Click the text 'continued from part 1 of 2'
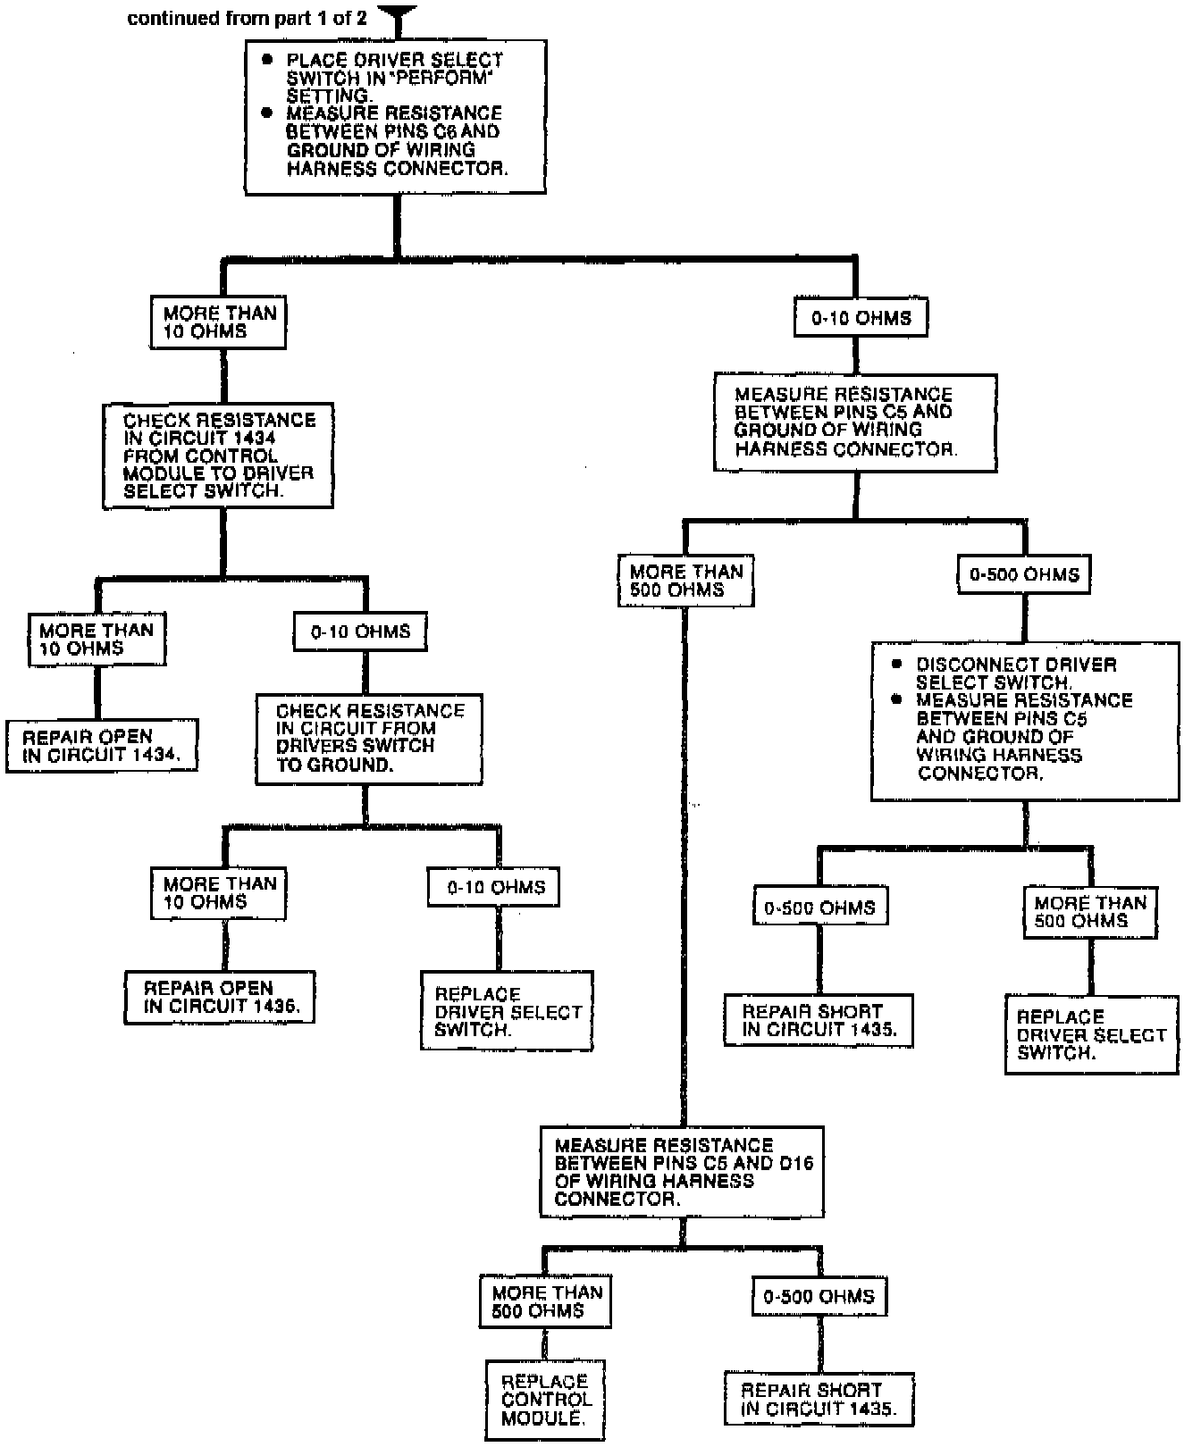click(x=247, y=19)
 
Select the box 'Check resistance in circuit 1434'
click(x=218, y=456)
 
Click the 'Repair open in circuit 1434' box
click(x=101, y=746)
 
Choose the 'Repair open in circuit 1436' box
click(x=220, y=997)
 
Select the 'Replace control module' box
click(x=545, y=1400)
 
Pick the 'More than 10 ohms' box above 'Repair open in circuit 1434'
click(x=97, y=640)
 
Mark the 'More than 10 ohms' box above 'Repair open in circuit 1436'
click(x=218, y=892)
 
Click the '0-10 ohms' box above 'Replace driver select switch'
click(x=495, y=887)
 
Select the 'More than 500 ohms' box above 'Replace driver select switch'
click(x=1089, y=912)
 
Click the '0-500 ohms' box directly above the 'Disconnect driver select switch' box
click(x=1024, y=574)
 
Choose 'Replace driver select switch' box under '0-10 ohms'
click(x=507, y=1012)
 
